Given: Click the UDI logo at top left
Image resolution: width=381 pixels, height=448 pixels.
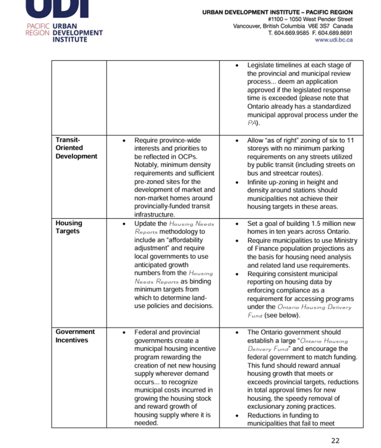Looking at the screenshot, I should pyautogui.click(x=64, y=22).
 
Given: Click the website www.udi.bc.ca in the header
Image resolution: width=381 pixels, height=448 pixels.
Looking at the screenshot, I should pyautogui.click(x=334, y=40).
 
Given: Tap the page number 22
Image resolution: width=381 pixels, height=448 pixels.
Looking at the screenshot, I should pyautogui.click(x=335, y=440).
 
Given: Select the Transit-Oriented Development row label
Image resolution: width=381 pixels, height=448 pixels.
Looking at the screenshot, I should pyautogui.click(x=76, y=148).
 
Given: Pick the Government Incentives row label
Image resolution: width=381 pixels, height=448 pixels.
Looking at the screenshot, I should pyautogui.click(x=75, y=336).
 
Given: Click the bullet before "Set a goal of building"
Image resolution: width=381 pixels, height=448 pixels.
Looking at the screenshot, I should pyautogui.click(x=237, y=224).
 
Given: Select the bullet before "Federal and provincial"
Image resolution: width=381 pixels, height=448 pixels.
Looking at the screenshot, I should pyautogui.click(x=125, y=332).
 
